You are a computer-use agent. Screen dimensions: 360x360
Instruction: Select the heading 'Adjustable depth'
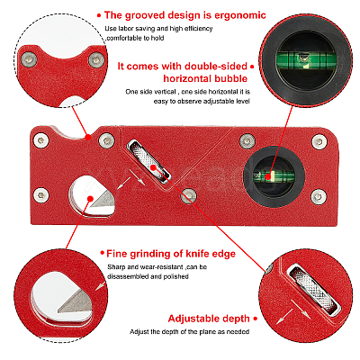coord(209,319)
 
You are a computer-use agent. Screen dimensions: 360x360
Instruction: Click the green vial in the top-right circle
coord(305,58)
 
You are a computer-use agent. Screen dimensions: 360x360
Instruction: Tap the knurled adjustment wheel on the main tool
coord(148,162)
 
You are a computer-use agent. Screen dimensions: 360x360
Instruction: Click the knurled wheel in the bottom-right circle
coord(313,290)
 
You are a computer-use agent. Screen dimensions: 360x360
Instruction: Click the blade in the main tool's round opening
coord(103,200)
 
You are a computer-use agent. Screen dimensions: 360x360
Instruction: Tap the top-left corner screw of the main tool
coord(41,139)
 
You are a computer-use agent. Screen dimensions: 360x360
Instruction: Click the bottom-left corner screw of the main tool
coord(41,196)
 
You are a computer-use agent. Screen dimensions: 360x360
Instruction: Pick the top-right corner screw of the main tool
coord(319,141)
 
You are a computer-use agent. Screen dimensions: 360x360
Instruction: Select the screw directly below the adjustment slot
coord(189,196)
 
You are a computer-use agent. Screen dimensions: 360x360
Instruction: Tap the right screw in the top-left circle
coord(96,60)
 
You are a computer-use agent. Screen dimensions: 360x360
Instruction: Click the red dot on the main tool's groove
coord(88,138)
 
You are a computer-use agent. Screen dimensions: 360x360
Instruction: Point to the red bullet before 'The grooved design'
coord(99,15)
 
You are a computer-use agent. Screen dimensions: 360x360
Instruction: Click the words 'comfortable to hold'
coord(135,38)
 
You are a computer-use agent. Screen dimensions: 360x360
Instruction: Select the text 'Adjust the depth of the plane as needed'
coord(189,332)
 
